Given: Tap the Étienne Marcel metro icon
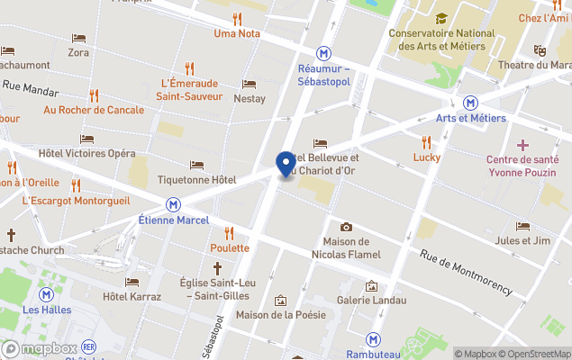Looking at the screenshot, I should (x=172, y=204).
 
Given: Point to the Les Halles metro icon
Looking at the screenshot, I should (x=45, y=294).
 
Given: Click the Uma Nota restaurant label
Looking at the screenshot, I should (x=237, y=34).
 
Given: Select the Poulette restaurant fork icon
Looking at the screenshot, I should (x=229, y=232).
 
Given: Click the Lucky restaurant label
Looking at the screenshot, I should (x=427, y=157).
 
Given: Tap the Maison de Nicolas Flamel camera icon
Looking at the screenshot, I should (x=346, y=227).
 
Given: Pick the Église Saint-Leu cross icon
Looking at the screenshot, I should (x=217, y=268).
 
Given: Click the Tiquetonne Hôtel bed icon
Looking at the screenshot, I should (x=197, y=166).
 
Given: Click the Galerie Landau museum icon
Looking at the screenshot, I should (x=370, y=286).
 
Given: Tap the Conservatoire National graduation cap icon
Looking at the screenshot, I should (x=441, y=18).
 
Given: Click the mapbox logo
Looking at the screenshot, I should (x=40, y=348).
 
